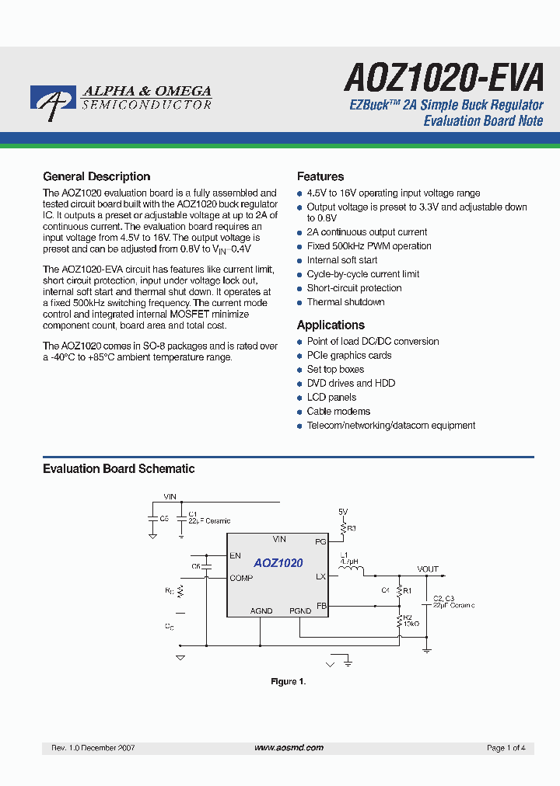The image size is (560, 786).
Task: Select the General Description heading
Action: coord(96,176)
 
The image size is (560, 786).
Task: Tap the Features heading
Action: coord(320,176)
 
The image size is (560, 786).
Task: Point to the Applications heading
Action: coord(331,325)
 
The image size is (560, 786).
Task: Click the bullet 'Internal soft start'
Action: coord(342,260)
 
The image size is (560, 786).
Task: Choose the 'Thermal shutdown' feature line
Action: coord(345,302)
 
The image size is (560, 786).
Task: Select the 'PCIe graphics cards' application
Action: coord(349,355)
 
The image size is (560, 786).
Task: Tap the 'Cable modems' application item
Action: coord(338,411)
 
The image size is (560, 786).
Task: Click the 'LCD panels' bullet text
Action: coord(331,397)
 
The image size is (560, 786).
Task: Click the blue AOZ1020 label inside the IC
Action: coord(278,563)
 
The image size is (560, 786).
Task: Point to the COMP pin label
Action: coord(241,578)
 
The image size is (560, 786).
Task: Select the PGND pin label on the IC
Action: coord(300,611)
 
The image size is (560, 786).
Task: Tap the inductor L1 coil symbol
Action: coord(352,575)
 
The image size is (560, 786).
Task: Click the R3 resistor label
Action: coord(352,528)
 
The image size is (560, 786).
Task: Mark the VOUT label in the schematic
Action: coord(428,569)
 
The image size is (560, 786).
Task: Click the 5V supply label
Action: coord(343,512)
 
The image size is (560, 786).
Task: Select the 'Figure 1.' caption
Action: coord(288,681)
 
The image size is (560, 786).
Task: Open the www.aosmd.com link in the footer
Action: coord(289,747)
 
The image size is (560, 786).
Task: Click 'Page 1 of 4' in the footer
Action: coord(506,748)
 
